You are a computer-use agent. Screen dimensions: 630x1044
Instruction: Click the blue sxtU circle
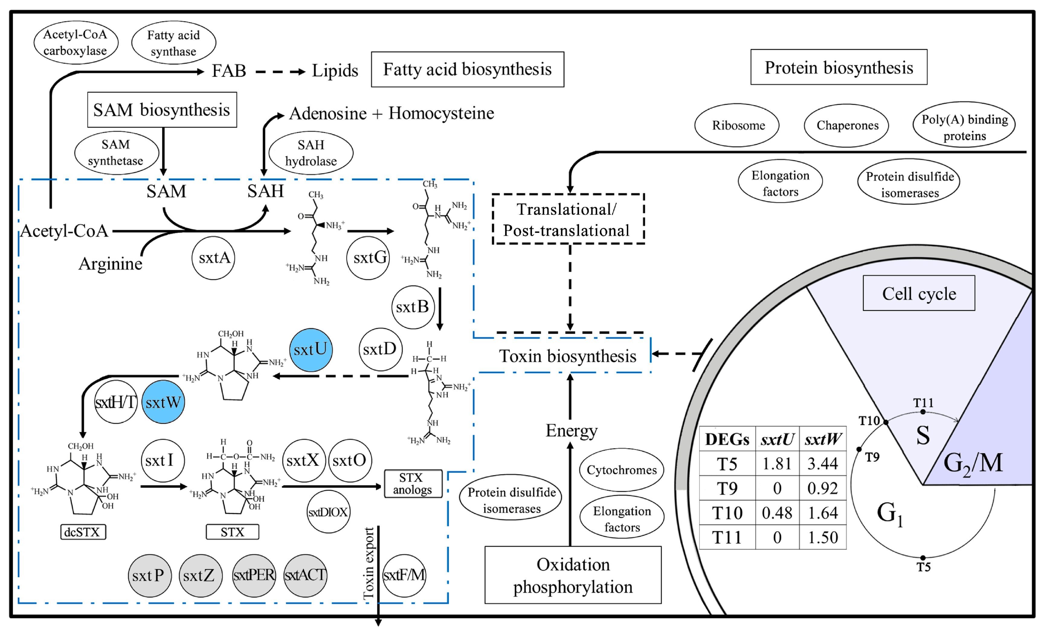(x=311, y=350)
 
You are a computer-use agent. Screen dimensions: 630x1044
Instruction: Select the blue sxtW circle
(x=163, y=402)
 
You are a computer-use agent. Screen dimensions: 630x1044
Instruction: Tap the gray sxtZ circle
(x=200, y=576)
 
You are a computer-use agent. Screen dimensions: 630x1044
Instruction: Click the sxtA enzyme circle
(x=213, y=258)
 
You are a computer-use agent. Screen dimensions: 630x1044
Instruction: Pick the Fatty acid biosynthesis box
(x=467, y=69)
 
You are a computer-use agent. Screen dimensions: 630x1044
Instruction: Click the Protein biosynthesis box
(x=839, y=67)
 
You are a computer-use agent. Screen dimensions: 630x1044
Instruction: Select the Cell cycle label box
(x=919, y=293)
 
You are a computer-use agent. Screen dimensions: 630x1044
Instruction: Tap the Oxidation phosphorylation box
(x=573, y=575)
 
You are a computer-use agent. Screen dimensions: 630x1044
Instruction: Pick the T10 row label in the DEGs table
(x=727, y=513)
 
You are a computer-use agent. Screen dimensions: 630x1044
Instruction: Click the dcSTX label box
(x=83, y=532)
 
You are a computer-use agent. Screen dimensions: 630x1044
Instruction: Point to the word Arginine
(x=110, y=264)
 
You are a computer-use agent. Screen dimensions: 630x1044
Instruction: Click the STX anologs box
(x=412, y=484)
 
